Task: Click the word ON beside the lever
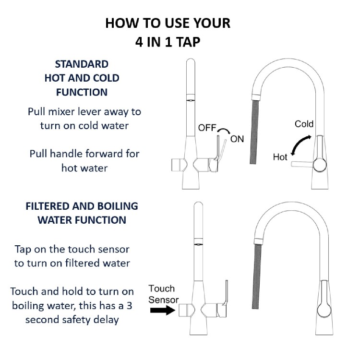click(x=237, y=139)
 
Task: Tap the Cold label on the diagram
click(x=304, y=124)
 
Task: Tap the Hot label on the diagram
click(x=280, y=156)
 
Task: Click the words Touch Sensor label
click(x=162, y=294)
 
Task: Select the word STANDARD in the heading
click(x=82, y=64)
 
